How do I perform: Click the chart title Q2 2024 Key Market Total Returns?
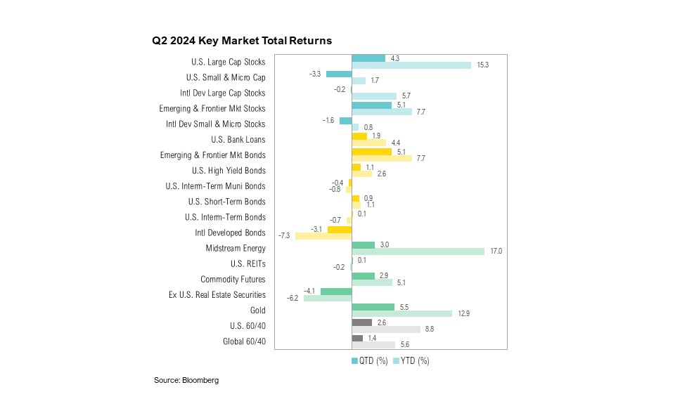pos(242,41)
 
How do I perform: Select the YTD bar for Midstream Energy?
pos(418,251)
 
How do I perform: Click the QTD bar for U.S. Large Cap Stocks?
pos(368,58)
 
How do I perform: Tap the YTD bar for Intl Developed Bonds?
pos(323,235)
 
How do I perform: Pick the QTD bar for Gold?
pos(373,306)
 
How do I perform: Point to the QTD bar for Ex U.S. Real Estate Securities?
pos(335,291)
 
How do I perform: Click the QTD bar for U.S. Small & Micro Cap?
pos(338,74)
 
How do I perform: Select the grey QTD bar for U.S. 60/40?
pos(361,322)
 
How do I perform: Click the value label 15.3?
pos(482,65)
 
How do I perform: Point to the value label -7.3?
pos(285,236)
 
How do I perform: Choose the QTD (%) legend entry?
pos(369,361)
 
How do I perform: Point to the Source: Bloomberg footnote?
pos(186,380)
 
